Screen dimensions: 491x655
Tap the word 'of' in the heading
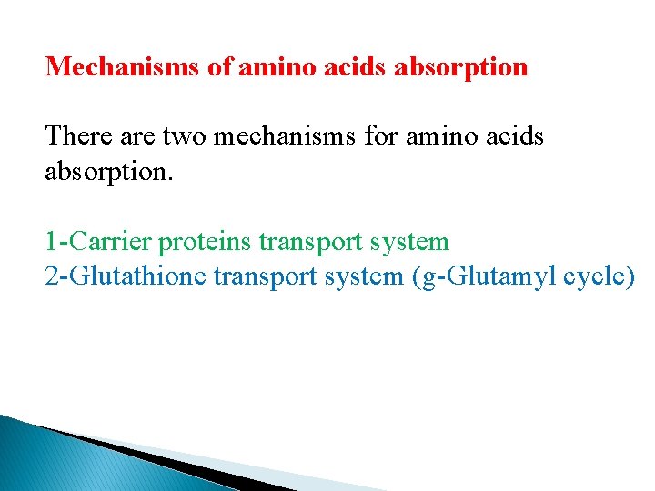pyautogui.click(x=219, y=66)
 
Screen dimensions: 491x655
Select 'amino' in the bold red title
pyautogui.click(x=277, y=66)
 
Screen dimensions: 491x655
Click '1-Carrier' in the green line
pyautogui.click(x=99, y=242)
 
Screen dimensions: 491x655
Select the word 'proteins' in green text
pyautogui.click(x=206, y=242)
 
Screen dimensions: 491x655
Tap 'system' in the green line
pyautogui.click(x=408, y=242)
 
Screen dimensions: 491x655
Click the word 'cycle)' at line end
pyautogui.click(x=599, y=276)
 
